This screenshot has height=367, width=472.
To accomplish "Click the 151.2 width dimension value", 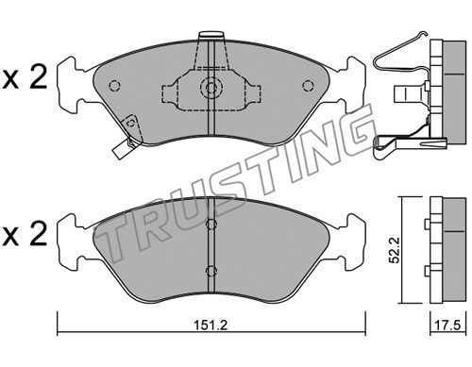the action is point(211,325).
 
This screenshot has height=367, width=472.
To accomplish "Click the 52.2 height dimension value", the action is point(394,250).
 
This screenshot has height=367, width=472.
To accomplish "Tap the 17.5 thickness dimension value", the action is point(447,325).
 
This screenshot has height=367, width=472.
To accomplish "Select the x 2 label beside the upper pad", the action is point(25,77).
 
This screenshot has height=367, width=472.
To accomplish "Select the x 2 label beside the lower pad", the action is point(25,235).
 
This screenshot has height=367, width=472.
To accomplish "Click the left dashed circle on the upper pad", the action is point(114,86).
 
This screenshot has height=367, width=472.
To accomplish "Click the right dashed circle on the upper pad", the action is point(308,86).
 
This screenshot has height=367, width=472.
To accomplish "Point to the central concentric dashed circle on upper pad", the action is point(211,87).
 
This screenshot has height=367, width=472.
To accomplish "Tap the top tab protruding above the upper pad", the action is point(211,35).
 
